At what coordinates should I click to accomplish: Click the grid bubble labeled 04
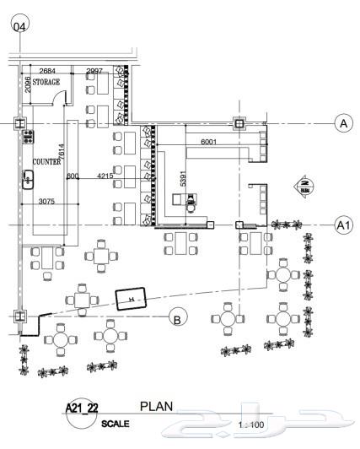(x=19, y=24)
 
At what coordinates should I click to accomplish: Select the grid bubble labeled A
(x=343, y=123)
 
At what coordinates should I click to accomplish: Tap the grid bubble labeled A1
(x=343, y=225)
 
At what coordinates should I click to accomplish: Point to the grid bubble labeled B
(x=177, y=318)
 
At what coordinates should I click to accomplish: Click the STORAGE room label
(x=47, y=83)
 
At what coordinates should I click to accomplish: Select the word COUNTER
(x=46, y=160)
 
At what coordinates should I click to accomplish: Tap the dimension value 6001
(x=209, y=143)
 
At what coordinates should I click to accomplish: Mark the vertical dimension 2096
(x=27, y=82)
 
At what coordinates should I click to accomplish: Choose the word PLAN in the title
(x=156, y=407)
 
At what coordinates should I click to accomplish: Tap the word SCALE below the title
(x=116, y=424)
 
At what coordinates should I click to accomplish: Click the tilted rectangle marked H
(x=131, y=300)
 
